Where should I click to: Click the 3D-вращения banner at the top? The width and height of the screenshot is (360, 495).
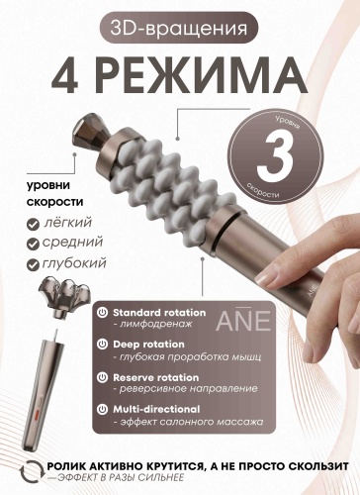pos(179,28)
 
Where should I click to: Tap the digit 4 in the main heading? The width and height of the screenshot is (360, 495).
pos(65,76)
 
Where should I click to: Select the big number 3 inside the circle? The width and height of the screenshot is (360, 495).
pos(275,157)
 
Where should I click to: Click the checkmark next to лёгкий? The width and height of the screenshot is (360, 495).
pos(33,225)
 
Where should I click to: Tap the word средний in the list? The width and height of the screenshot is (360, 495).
pos(72,243)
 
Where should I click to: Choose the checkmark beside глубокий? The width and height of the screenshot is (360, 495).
pos(33,265)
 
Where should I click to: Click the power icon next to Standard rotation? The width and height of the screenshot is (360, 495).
pos(103,313)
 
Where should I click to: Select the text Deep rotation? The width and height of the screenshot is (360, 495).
pos(148,345)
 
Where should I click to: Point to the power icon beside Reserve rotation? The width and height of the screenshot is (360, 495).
pos(103,377)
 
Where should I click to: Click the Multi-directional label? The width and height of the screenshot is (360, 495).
pos(156,409)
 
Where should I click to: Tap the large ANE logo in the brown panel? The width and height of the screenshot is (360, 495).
pos(243,320)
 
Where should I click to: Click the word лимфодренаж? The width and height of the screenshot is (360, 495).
pos(152,324)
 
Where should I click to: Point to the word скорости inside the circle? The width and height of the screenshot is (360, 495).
pos(263,190)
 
